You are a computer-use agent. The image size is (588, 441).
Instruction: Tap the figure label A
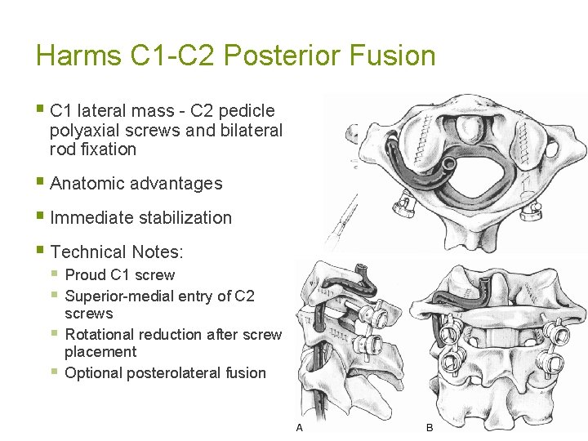[300, 428]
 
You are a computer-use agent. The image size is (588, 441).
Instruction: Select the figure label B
[430, 428]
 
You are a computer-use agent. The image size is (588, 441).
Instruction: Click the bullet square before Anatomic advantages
[41, 183]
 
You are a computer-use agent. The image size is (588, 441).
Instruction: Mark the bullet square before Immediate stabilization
[41, 217]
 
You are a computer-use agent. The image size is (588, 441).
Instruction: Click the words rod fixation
[92, 149]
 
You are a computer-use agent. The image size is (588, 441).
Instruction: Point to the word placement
[100, 352]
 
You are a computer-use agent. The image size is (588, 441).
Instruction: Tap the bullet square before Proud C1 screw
[55, 274]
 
